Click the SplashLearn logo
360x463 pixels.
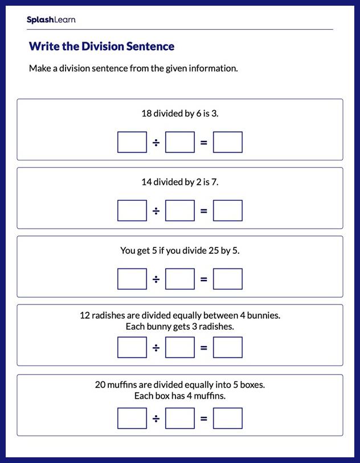51,20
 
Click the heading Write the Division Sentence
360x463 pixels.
101,46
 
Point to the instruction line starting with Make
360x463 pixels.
133,68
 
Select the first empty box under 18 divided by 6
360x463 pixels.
132,143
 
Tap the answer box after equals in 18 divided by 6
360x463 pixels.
228,143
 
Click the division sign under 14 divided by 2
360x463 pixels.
156,211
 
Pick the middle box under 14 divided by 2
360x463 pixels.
180,211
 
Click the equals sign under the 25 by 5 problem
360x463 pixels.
204,279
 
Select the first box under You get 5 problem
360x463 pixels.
132,279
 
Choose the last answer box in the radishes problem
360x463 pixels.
228,348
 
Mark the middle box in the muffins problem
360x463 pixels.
180,419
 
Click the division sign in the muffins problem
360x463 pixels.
156,419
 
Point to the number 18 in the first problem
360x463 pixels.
146,113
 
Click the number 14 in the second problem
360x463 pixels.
146,182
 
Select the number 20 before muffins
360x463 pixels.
100,385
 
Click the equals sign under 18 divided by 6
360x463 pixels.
204,143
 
